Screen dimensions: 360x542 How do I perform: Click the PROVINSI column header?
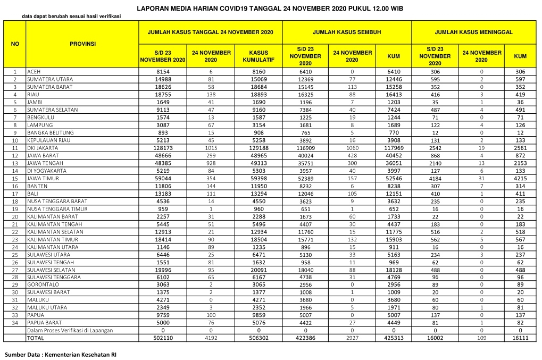tap(82, 44)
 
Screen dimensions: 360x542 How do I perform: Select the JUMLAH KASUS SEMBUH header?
tap(347, 32)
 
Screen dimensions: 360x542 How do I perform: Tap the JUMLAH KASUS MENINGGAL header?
tap(473, 32)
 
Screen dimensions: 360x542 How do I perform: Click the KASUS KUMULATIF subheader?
tap(258, 56)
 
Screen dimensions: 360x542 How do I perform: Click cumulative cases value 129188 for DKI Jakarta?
tap(258, 147)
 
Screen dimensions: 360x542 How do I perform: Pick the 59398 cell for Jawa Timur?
tap(258, 178)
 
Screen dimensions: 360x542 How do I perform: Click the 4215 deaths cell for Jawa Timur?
tap(520, 178)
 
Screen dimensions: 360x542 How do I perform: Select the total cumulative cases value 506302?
tap(258, 338)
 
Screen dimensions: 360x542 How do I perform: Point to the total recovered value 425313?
tap(394, 338)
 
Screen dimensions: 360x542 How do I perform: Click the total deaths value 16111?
tap(520, 338)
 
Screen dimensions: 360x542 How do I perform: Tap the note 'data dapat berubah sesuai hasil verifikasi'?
tap(71, 16)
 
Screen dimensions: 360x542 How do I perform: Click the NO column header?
tap(15, 44)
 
